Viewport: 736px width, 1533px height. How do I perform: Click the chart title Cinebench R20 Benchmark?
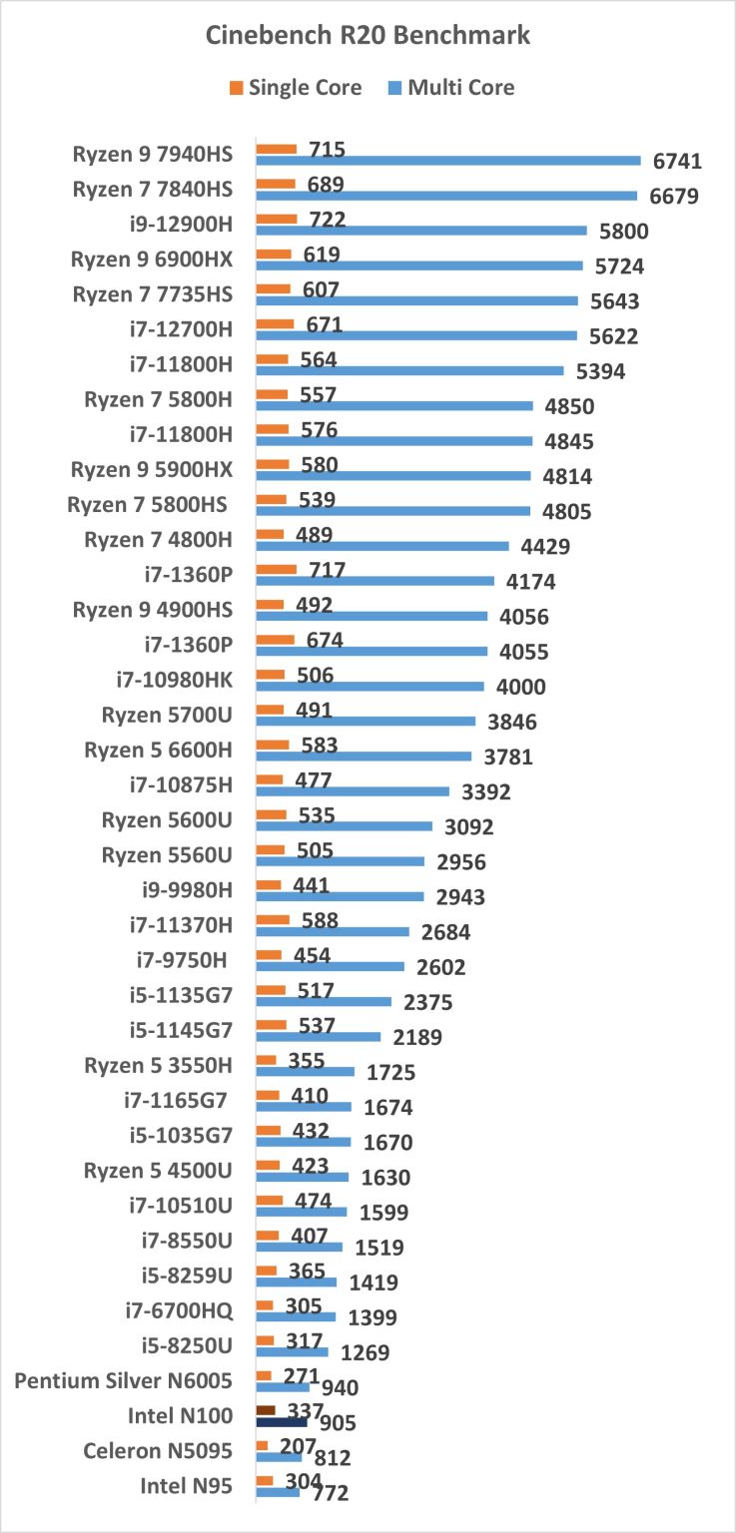pos(368,36)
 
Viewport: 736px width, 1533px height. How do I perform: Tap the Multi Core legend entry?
pos(448,88)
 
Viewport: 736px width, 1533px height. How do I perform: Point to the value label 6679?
pos(674,197)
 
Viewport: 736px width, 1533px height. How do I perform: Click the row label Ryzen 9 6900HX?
pos(152,259)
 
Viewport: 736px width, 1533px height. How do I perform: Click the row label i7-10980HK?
pos(174,680)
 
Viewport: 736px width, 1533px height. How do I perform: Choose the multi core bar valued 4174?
pos(374,580)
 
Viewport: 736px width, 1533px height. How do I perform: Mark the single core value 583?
pos(313,745)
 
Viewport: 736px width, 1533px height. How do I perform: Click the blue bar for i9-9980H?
pos(341,895)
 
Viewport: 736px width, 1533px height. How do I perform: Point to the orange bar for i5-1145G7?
pos(272,1024)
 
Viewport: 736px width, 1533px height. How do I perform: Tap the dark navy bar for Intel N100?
pos(282,1421)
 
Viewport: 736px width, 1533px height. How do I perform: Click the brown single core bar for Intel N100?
pos(266,1409)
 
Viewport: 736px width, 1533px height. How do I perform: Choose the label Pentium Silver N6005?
pos(124,1380)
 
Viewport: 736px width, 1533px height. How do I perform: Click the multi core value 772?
pos(329,1493)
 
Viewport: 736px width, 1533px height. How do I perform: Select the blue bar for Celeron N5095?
pos(279,1457)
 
